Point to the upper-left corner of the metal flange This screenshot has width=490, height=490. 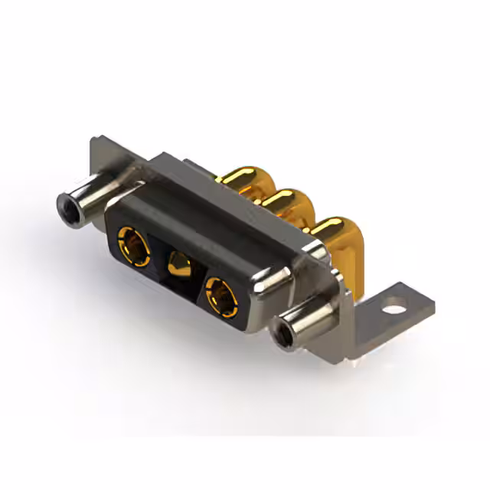[93, 142]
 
